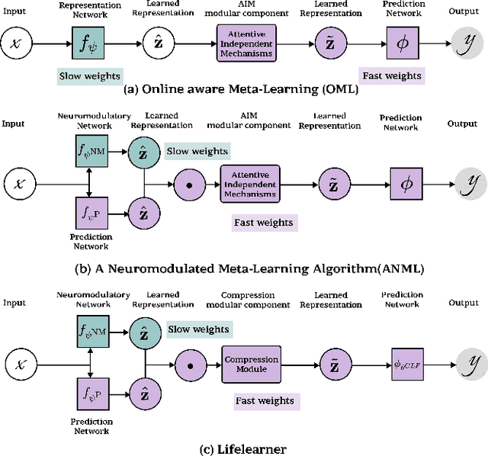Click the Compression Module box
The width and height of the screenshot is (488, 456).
coord(251,364)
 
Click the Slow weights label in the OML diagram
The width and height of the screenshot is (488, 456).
coord(89,76)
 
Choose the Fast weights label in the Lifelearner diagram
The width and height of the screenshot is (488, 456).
coord(264,400)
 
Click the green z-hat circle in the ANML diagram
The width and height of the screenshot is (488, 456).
coord(142,153)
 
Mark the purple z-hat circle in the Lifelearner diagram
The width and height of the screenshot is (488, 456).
coord(142,393)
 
